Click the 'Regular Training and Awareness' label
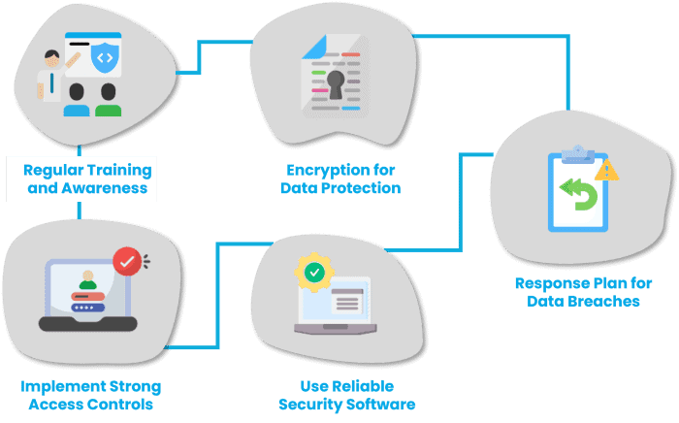coord(88,179)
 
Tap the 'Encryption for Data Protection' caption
coord(339,179)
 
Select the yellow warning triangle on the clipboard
coord(607,170)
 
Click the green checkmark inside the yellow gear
coord(315,273)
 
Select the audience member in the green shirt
coord(109,99)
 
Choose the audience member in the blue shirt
coord(77,99)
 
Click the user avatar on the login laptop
coord(89,277)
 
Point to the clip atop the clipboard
coord(579,151)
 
